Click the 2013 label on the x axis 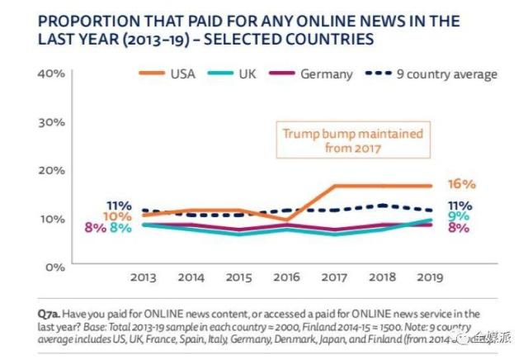[x=144, y=280]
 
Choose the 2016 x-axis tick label [x=285, y=280]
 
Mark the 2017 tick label [x=332, y=280]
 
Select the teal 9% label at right [x=460, y=216]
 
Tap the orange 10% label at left [x=118, y=216]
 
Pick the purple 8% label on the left [x=94, y=228]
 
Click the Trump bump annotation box [x=352, y=140]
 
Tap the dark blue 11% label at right [x=460, y=206]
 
